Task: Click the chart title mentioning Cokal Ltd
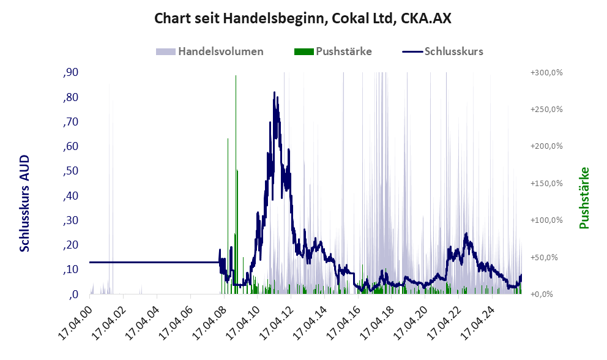(x=303, y=18)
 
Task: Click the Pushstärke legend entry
(x=333, y=51)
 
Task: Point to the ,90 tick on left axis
(x=71, y=73)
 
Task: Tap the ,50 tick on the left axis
(x=71, y=171)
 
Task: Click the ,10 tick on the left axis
(x=71, y=269)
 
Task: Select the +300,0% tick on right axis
(x=546, y=73)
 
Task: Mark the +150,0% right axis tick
(x=546, y=184)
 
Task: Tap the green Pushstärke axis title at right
(x=584, y=198)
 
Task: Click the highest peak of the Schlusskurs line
(x=275, y=93)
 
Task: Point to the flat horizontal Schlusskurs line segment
(x=153, y=262)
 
